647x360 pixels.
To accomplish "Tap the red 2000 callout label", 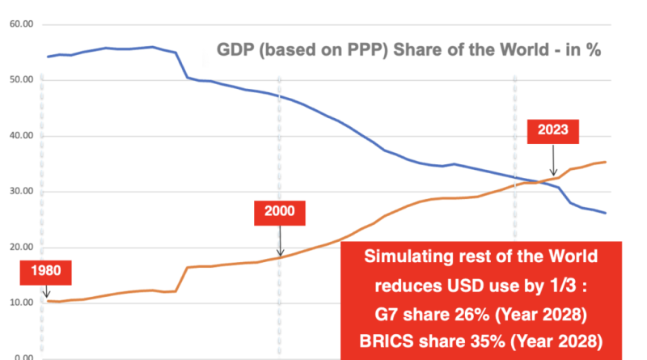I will coord(279,214).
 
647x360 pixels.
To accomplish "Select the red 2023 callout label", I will coord(552,129).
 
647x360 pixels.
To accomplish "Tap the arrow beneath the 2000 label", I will coord(279,242).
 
